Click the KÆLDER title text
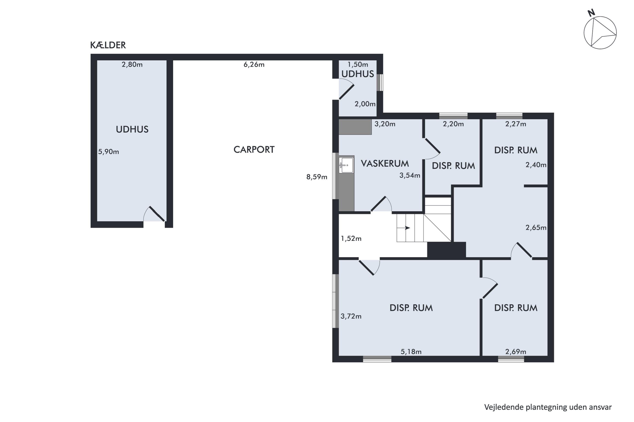click(x=108, y=45)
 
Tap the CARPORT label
click(x=254, y=150)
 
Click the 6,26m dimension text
click(x=254, y=65)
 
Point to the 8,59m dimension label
click(x=317, y=177)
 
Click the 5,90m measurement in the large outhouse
click(x=108, y=152)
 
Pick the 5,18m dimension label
click(x=411, y=352)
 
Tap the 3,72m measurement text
click(x=351, y=316)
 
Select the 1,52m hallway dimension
click(x=351, y=238)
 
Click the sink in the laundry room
click(x=346, y=165)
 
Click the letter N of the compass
click(x=591, y=13)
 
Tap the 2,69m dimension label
click(x=516, y=352)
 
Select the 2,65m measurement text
click(x=536, y=228)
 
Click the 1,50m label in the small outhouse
click(x=358, y=65)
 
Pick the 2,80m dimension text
click(x=132, y=65)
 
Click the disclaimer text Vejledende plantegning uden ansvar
click(x=548, y=407)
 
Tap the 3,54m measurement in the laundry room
click(x=410, y=176)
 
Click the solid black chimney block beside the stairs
click(x=447, y=250)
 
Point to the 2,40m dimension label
click(x=536, y=165)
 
